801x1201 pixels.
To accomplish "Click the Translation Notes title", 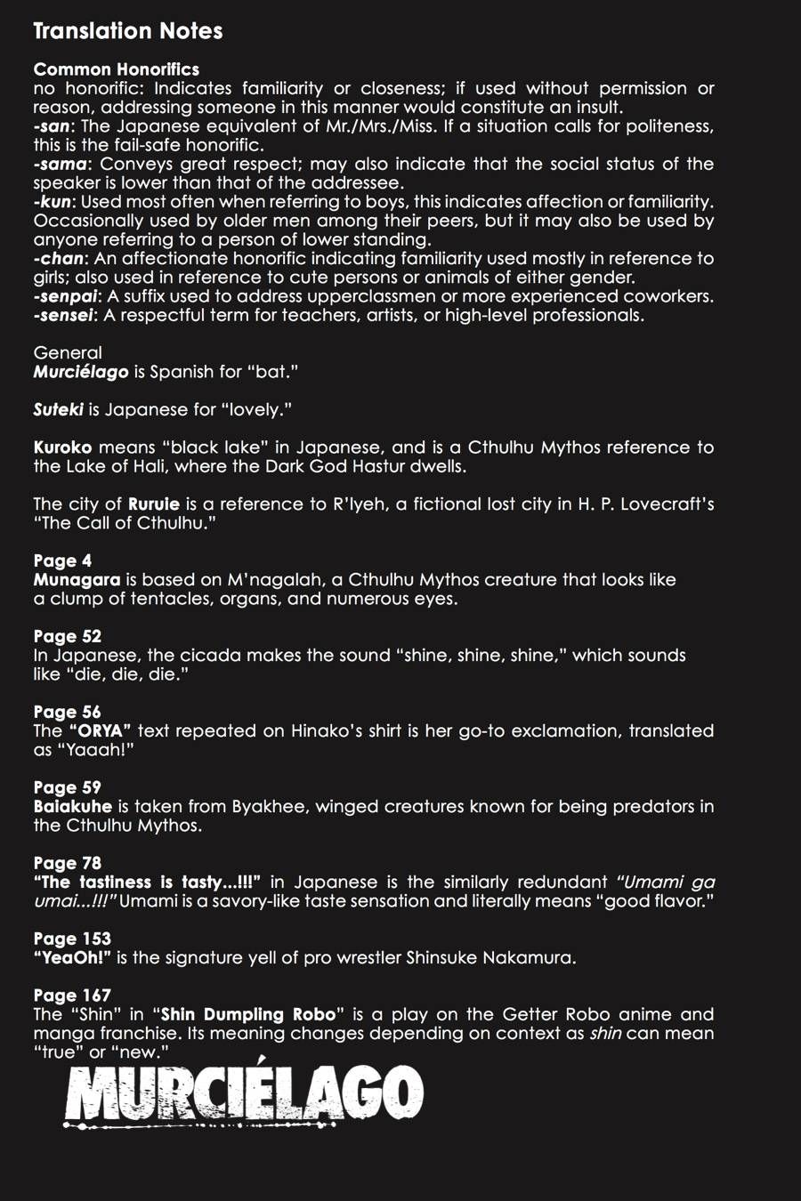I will click(x=127, y=31).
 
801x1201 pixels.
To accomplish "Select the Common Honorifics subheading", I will click(x=116, y=69).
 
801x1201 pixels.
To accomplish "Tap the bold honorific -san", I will click(x=52, y=126).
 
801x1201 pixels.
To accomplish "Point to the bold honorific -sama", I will click(x=60, y=165).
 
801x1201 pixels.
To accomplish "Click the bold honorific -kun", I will click(x=53, y=202).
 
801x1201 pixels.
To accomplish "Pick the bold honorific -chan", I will click(x=59, y=259).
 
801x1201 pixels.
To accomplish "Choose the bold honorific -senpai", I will click(x=65, y=296).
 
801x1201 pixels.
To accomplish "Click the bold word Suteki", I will click(x=58, y=410).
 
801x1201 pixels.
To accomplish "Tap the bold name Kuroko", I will click(x=62, y=447).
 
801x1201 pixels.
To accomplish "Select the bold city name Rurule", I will click(x=153, y=504).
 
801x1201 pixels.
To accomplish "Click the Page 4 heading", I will click(x=62, y=560).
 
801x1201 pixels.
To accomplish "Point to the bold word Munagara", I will click(x=77, y=580).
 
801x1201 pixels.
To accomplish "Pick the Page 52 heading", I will click(x=67, y=636).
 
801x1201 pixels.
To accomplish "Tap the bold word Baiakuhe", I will click(x=72, y=807).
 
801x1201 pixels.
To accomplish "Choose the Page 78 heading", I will click(x=67, y=863).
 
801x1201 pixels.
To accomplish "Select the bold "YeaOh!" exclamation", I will click(x=72, y=958).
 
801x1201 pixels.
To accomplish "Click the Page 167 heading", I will click(x=72, y=995).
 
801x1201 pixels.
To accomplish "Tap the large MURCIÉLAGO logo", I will click(x=243, y=1093).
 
